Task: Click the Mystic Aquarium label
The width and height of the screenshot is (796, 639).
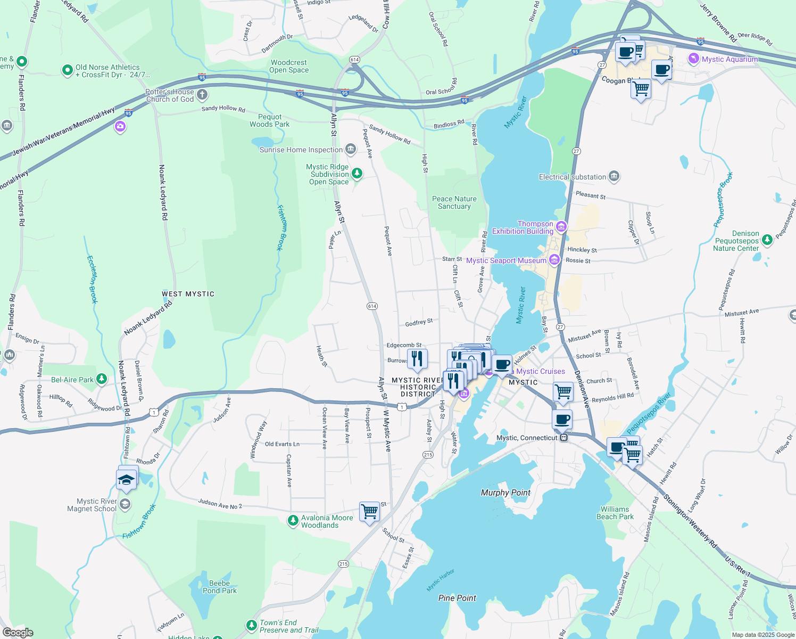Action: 729,59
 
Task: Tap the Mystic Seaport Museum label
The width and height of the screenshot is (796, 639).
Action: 506,260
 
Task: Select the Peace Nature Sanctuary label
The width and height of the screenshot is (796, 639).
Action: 454,202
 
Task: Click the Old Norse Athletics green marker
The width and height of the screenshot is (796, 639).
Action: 67,70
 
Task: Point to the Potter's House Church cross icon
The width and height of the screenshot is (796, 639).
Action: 202,95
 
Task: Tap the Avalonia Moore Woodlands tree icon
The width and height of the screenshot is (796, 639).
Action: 293,521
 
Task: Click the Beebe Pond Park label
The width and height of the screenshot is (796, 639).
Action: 220,587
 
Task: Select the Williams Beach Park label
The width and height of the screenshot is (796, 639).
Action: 615,513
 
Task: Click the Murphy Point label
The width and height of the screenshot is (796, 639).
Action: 505,493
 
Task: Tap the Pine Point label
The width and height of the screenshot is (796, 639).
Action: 457,598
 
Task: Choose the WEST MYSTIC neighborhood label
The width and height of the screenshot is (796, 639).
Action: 188,294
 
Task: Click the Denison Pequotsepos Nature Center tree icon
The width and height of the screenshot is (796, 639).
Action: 767,240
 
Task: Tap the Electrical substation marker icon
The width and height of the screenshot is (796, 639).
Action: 614,176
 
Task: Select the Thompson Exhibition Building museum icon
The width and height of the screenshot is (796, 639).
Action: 561,227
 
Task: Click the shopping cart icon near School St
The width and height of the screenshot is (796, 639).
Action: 369,512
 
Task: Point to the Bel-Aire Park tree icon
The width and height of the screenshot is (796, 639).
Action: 101,379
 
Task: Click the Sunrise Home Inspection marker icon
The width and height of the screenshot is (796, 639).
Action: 350,149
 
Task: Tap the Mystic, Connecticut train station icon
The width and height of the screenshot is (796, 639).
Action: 564,438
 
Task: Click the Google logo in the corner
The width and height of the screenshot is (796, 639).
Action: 18,633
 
